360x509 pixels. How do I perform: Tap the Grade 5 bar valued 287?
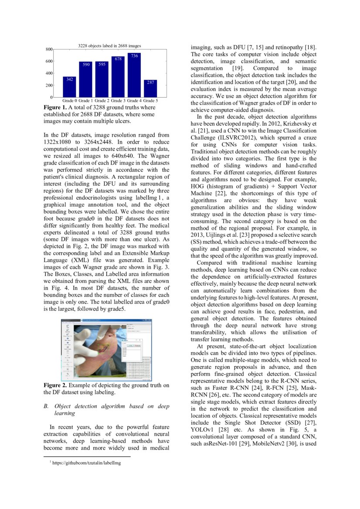[x=150, y=88]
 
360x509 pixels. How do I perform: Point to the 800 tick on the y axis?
[x=49, y=50]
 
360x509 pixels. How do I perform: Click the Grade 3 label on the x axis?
[x=118, y=101]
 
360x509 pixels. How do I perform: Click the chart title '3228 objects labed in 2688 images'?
[x=109, y=46]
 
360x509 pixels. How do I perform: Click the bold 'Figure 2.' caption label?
[x=55, y=385]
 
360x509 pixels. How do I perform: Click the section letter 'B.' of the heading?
[x=46, y=406]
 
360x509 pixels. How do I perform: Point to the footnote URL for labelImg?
[x=86, y=463]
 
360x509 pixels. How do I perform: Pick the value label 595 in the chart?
[x=102, y=64]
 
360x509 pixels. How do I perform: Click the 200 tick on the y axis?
[x=49, y=85]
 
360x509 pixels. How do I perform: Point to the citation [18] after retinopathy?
[x=310, y=47]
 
